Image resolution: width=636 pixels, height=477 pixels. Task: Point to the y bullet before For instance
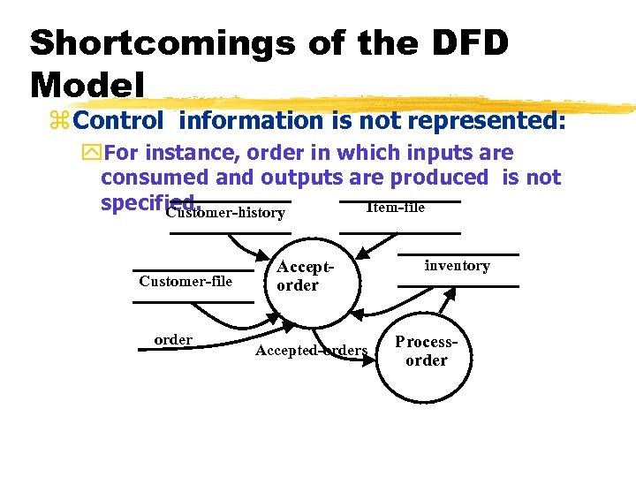pos(91,153)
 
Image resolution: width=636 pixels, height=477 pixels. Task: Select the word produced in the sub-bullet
pos(439,178)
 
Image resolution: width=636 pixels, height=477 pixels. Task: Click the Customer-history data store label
pos(225,213)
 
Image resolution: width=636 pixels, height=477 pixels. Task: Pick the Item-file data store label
pos(395,208)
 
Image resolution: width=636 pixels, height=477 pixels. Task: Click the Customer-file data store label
pos(185,281)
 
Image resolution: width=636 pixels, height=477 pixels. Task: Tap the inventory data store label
pos(457,265)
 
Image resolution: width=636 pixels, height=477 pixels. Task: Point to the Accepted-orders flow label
pos(311,351)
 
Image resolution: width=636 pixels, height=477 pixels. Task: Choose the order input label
pos(173,340)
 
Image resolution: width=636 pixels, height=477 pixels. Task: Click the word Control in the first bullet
pos(125,120)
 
